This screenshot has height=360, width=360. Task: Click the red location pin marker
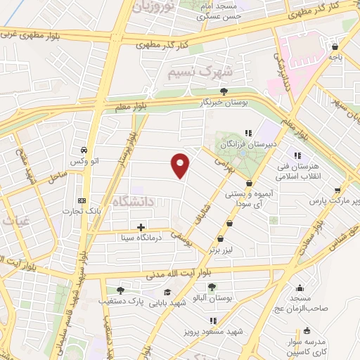181,165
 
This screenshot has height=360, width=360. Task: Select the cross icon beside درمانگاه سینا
141,227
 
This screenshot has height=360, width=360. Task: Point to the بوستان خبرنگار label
224,103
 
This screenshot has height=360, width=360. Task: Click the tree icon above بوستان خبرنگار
224,91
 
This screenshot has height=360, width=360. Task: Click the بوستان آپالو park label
212,298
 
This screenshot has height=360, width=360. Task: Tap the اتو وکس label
83,162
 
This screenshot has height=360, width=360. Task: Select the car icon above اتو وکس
83,150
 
